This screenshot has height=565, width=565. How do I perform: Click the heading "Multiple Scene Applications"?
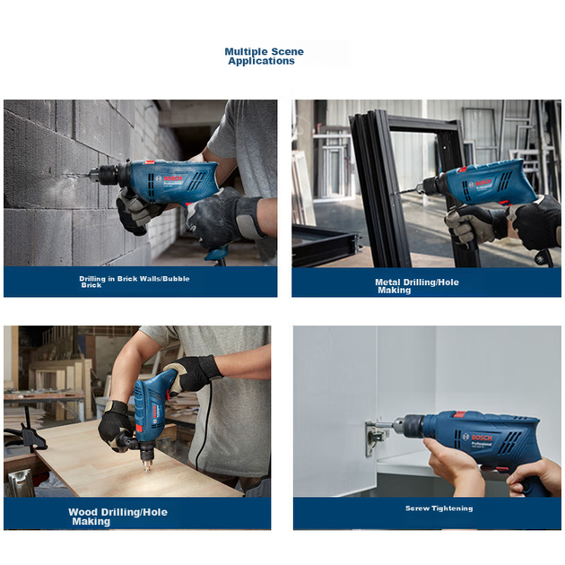(265, 56)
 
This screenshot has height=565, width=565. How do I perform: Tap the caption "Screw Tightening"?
(439, 508)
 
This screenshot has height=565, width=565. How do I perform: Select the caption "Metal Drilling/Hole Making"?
(417, 286)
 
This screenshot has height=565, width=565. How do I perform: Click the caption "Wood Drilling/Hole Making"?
(117, 517)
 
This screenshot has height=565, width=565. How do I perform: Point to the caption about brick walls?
(134, 282)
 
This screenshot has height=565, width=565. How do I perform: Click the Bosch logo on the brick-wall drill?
(169, 178)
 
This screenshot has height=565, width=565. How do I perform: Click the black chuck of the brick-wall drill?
(109, 175)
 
